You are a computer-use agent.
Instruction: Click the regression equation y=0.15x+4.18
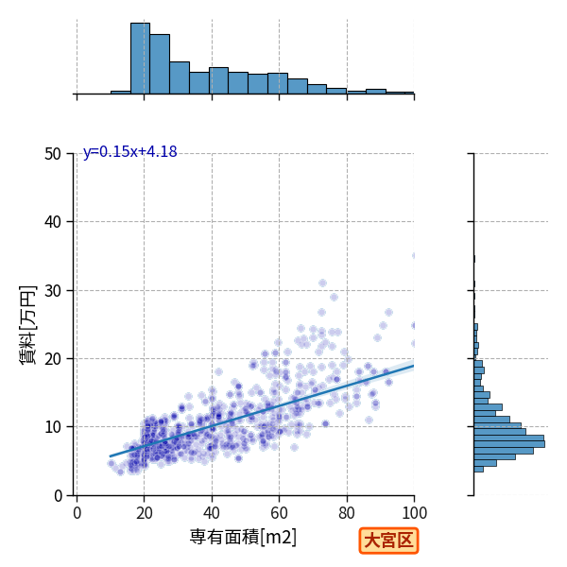pos(130,151)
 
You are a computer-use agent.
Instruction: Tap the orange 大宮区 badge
pos(388,541)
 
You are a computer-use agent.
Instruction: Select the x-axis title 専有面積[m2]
pos(243,537)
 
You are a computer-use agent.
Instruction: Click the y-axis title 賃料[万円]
pos(28,325)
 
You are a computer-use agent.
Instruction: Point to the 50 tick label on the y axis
pos(53,154)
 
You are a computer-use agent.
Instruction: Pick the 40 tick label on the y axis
pos(53,222)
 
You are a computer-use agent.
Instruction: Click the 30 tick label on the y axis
pos(53,291)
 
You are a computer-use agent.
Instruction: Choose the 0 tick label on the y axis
pos(58,496)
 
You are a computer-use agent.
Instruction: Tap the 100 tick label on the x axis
pos(415,513)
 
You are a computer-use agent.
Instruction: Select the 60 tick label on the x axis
pos(279,513)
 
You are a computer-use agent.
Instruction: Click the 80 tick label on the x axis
pos(347,513)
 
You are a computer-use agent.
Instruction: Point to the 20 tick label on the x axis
pos(145,513)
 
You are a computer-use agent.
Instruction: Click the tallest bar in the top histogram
pos(140,59)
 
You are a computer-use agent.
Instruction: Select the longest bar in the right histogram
pos(509,444)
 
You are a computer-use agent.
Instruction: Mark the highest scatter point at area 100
pos(413,256)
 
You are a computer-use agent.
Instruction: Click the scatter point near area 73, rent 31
pos(322,283)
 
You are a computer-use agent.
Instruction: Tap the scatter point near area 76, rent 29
pos(335,298)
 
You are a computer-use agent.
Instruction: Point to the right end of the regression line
pos(414,366)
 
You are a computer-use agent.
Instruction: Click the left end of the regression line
pos(110,456)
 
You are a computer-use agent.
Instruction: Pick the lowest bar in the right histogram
pos(479,469)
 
